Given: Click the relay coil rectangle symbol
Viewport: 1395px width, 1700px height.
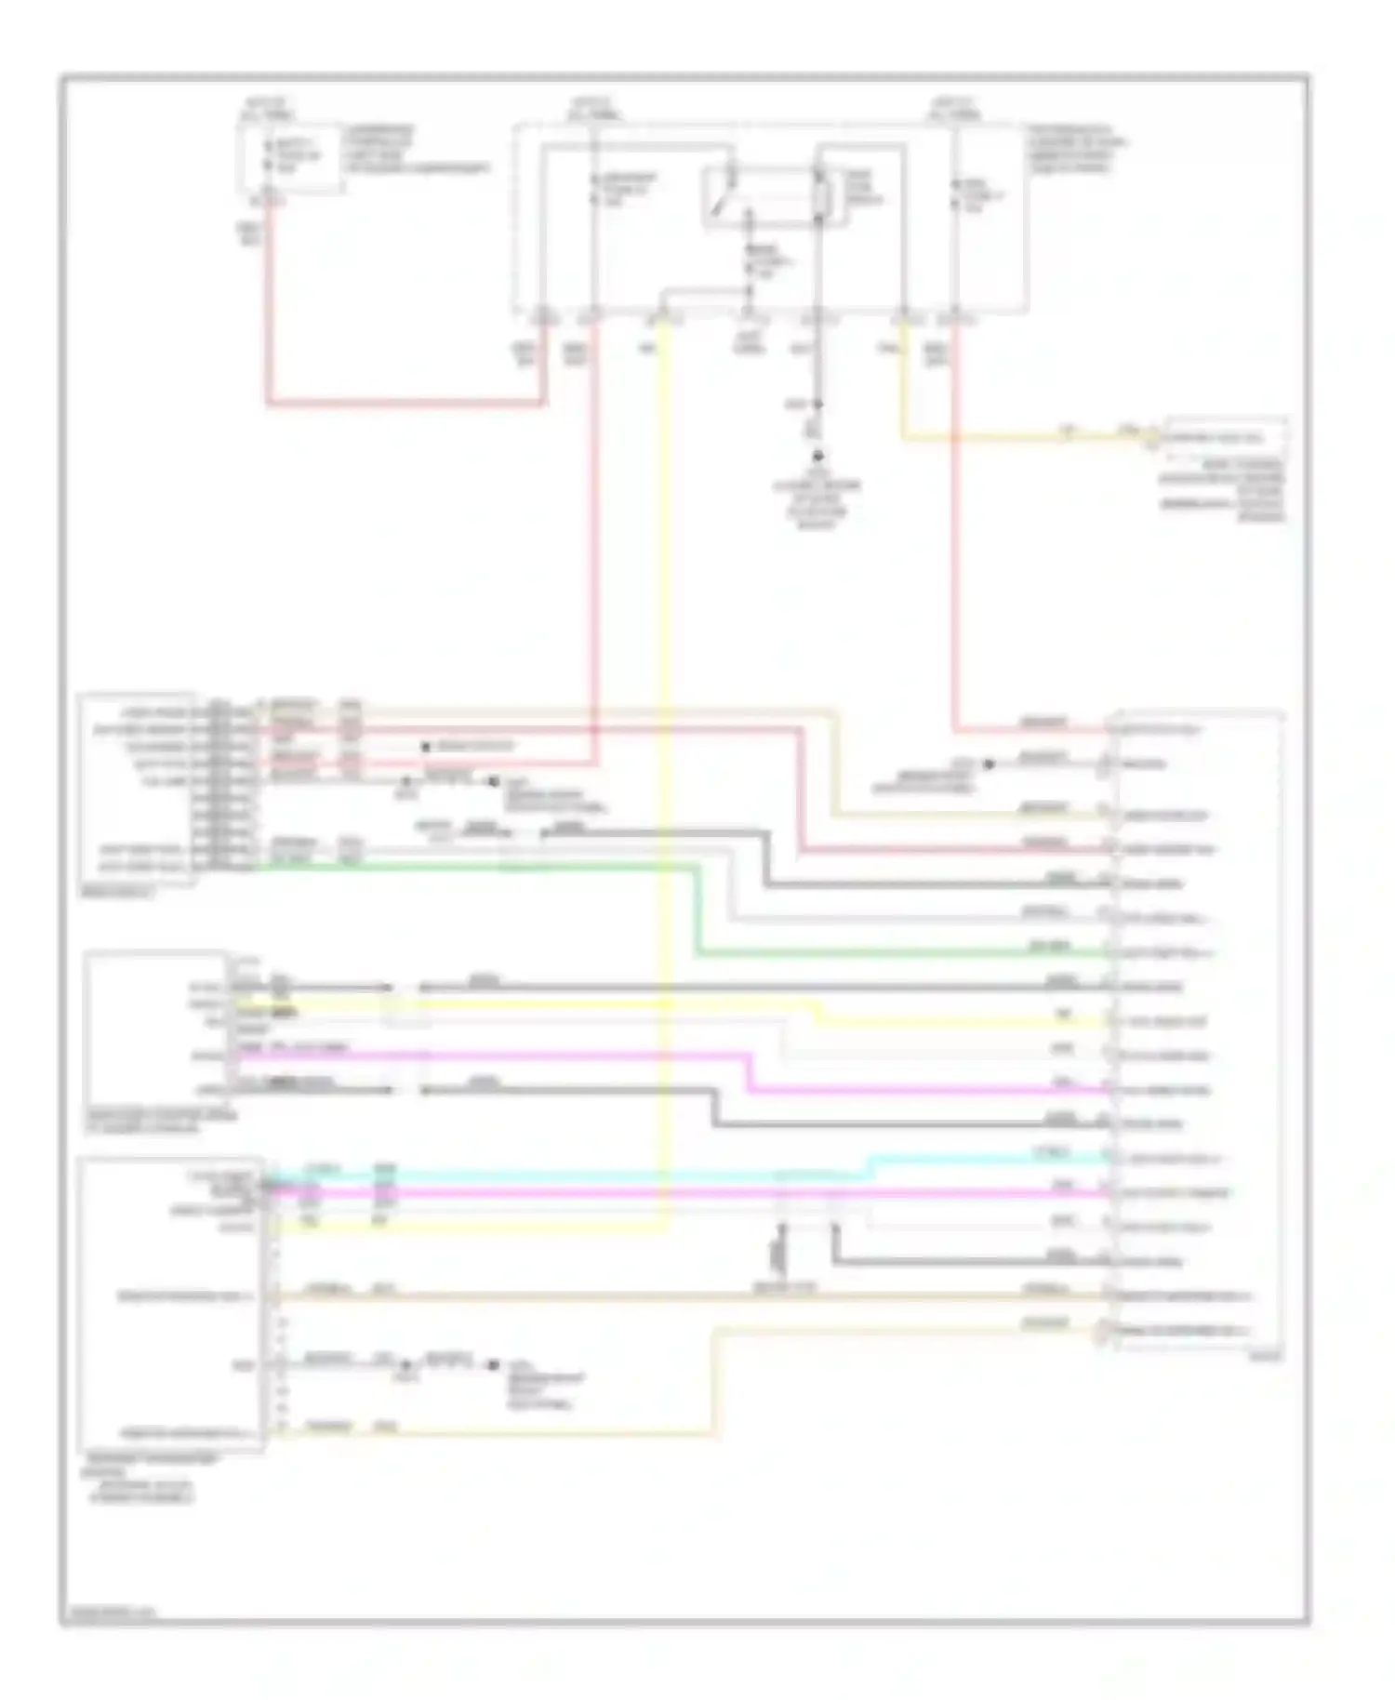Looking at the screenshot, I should [821, 197].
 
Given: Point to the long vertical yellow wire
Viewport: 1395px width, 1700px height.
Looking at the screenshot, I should [666, 744].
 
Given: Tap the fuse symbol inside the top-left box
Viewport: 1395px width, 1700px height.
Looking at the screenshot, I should [269, 156].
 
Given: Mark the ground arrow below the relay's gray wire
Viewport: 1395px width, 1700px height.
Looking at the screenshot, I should [819, 457].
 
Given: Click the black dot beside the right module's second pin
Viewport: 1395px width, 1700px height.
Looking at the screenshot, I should [989, 764].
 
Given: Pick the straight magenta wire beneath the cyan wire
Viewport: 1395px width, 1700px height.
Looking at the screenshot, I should [651, 1192].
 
